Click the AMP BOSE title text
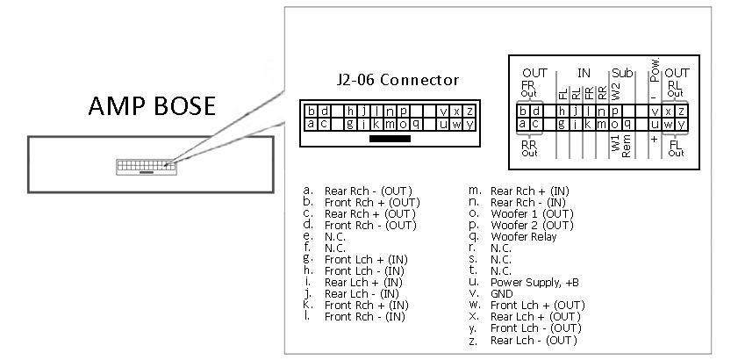pos(152,106)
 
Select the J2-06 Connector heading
pos(398,80)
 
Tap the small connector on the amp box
pos(147,167)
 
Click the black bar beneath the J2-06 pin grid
pos(390,139)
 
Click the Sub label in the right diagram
pos(622,74)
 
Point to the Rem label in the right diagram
pos(627,146)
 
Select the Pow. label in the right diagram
pos(655,69)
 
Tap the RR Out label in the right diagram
pos(529,148)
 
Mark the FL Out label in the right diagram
pos(676,148)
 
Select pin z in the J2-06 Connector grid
pos(469,112)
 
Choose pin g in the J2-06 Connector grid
pos(350,124)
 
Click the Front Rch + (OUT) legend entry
pos(372,203)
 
